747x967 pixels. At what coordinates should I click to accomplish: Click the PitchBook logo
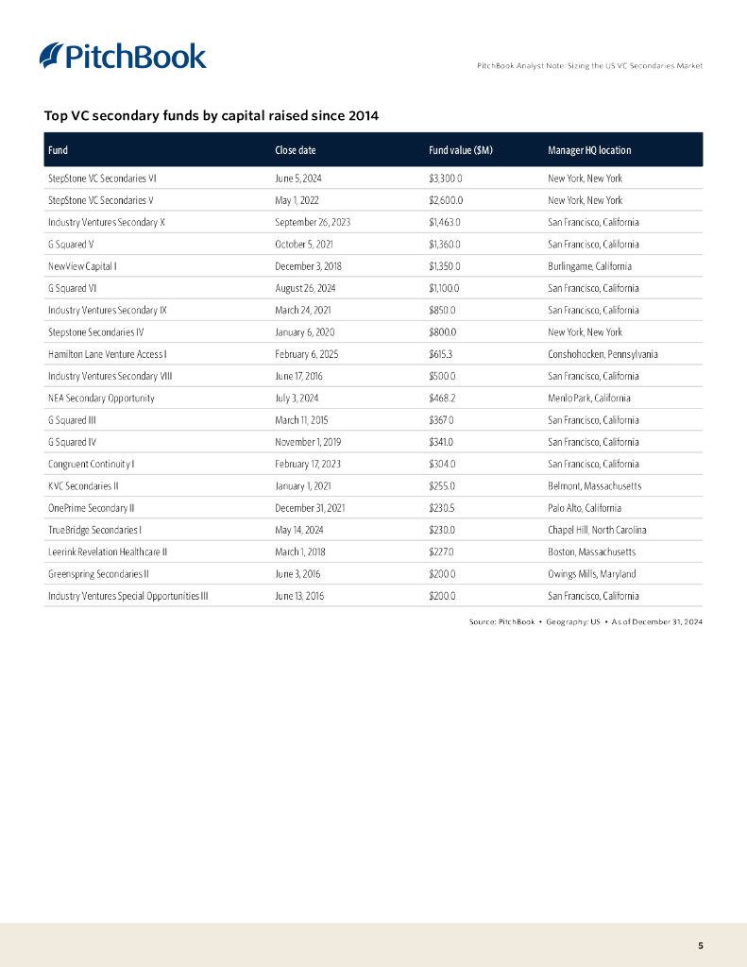123,56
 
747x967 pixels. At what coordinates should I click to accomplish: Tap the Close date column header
295,150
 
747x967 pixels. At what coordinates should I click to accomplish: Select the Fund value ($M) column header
460,150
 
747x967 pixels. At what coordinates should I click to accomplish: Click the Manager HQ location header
589,150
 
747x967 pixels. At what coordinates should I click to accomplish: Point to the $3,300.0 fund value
446,178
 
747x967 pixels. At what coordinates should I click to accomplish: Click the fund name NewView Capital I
82,266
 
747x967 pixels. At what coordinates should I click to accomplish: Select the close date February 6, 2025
306,354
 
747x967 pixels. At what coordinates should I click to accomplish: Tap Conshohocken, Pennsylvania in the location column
603,354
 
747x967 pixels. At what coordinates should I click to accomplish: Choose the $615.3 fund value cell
441,354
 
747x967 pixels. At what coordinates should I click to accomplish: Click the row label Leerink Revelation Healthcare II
108,551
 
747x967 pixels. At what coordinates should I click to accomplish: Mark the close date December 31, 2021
310,508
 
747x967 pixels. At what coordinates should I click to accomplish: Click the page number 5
700,945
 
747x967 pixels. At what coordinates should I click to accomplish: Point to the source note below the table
586,621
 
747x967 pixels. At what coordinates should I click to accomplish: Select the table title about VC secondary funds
212,116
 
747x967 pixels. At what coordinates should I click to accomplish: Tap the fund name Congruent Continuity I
92,464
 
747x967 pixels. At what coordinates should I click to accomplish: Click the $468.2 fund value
442,398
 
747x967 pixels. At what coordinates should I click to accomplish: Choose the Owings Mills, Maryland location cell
591,573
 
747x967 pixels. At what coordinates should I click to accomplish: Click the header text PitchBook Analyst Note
589,65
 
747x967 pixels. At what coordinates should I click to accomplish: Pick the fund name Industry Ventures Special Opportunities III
127,596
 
